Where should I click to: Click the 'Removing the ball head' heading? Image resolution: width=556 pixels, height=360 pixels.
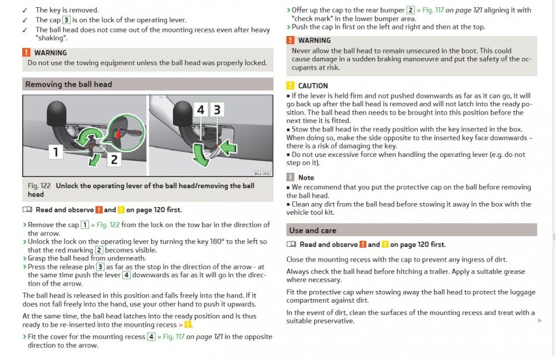point(68,84)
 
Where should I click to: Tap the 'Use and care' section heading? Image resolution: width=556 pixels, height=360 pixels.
point(312,230)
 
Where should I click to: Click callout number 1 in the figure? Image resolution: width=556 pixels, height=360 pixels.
point(56,152)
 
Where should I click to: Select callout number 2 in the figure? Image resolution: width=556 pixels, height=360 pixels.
point(114,159)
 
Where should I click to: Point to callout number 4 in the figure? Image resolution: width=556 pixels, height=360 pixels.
point(201,110)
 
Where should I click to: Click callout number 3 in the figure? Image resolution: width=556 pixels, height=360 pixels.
point(217,110)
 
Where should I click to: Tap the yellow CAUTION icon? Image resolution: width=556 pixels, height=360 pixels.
point(290,86)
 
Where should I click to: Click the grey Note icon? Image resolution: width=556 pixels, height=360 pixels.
point(290,177)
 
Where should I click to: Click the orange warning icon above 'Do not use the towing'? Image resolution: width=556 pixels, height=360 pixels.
point(26,52)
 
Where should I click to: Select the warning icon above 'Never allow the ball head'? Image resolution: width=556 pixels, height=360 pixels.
point(290,40)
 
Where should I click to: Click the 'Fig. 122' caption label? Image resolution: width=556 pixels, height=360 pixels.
point(39,186)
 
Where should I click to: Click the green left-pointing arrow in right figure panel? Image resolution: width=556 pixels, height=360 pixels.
point(229,147)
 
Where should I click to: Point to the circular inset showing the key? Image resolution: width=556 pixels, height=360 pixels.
point(126,132)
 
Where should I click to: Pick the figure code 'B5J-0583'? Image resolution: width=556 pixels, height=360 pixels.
point(262,174)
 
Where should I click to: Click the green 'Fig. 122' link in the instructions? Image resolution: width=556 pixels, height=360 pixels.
point(108,225)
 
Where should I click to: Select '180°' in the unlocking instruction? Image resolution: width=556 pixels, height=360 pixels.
point(217,241)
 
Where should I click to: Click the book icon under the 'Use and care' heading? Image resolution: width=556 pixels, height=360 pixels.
point(291,244)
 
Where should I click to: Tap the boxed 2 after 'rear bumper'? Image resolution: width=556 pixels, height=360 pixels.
point(411,10)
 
